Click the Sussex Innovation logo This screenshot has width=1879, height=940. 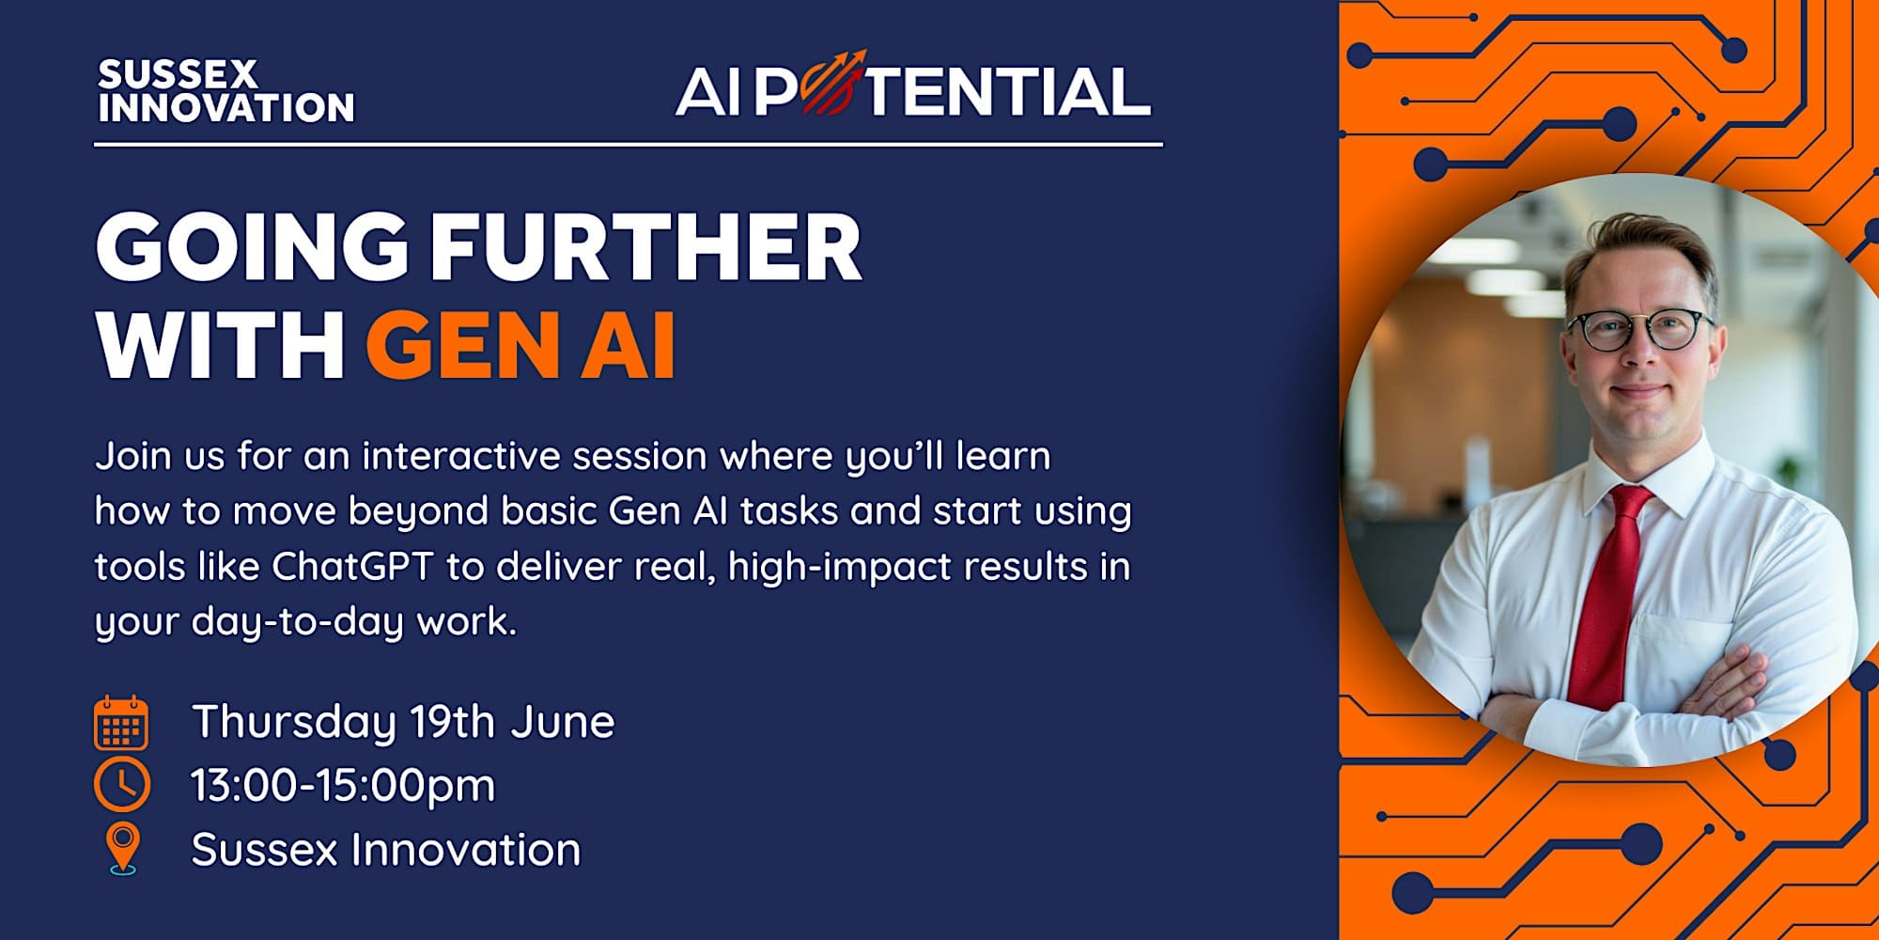tap(225, 91)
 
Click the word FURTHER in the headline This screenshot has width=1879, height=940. tap(645, 246)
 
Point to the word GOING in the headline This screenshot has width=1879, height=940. tap(253, 246)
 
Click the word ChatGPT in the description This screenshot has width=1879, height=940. tap(352, 566)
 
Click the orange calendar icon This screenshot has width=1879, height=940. tap(121, 722)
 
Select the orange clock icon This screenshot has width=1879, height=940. tap(122, 785)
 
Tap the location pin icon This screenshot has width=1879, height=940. tap(123, 849)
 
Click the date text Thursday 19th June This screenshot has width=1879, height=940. tap(403, 722)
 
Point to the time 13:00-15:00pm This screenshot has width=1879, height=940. tap(343, 786)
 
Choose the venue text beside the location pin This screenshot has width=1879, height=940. tap(386, 850)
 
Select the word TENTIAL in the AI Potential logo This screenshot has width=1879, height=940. tap(1010, 91)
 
